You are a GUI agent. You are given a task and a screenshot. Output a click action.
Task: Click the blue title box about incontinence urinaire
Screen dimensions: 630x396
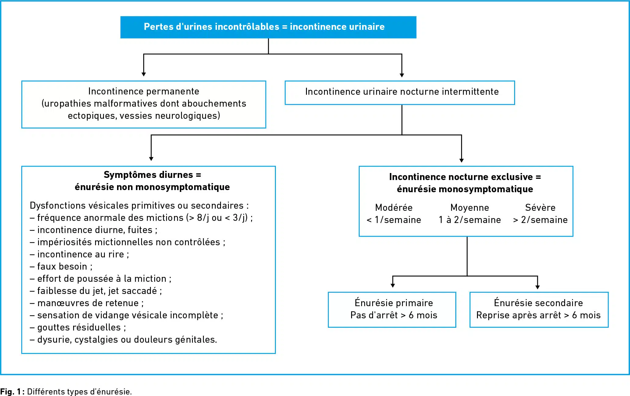coord(268,27)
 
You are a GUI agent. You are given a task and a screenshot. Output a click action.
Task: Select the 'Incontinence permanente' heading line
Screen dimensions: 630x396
coord(144,91)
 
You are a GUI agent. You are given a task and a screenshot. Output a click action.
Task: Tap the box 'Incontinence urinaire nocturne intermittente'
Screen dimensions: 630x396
coord(400,93)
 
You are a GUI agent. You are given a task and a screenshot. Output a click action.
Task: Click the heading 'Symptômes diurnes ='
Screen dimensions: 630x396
coord(152,175)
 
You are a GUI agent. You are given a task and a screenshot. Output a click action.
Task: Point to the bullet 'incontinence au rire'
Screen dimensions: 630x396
coord(79,254)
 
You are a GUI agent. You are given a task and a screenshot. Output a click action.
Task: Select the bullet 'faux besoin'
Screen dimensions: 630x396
coord(61,266)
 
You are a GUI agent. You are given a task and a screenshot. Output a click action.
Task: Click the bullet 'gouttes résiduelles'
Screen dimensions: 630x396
coord(78,327)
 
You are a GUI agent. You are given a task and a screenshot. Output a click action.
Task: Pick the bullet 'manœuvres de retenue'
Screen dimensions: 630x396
coord(87,303)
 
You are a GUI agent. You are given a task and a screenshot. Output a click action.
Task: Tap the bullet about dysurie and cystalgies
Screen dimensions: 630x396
coord(123,339)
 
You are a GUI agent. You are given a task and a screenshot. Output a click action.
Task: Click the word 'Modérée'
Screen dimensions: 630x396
coord(394,207)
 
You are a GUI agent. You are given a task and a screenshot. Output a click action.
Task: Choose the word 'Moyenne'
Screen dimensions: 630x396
coord(470,207)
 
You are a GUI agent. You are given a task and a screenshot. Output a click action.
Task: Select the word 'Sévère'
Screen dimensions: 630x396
coord(540,207)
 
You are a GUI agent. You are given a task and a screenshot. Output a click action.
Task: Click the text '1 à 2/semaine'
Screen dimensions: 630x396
coord(470,220)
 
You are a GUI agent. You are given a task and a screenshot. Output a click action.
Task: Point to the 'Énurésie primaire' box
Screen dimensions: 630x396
coord(392,310)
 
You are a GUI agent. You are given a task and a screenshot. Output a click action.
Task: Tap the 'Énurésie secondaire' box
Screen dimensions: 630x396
coord(539,310)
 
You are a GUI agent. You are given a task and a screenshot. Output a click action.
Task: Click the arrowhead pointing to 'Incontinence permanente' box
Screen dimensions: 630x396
coord(144,74)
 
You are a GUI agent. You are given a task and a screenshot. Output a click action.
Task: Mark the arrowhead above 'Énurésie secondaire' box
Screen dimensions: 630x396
coord(537,287)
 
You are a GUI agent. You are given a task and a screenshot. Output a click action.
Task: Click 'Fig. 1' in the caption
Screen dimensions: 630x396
coord(11,391)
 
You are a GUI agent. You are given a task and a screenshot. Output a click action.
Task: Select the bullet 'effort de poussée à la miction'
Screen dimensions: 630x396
coord(101,278)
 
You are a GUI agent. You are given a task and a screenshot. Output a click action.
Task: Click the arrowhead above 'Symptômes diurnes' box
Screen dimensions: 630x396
coord(151,159)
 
